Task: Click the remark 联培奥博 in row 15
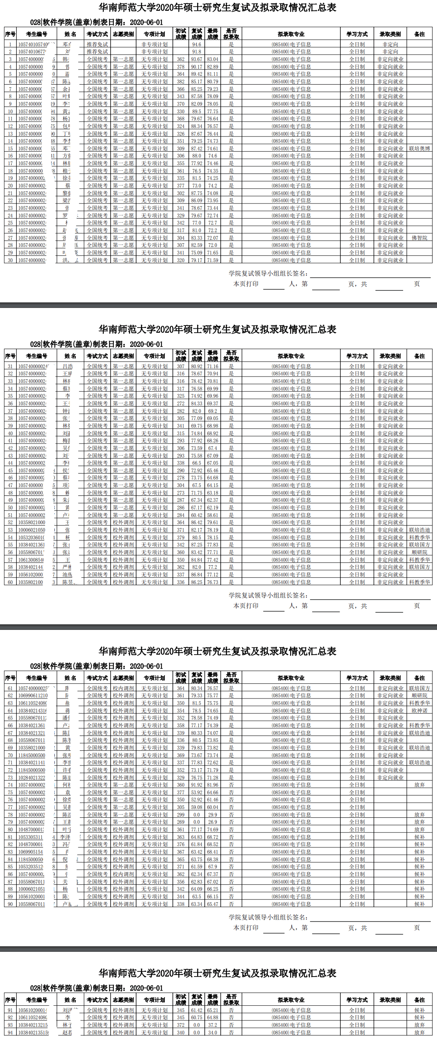coord(419,148)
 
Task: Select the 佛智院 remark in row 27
coord(419,238)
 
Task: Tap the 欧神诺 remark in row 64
coord(419,710)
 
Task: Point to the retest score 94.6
coord(196,44)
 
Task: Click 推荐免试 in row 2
coord(97,52)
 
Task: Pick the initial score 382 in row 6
coord(180,81)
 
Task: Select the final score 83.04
coord(212,59)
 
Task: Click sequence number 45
coord(10,470)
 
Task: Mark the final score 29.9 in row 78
coord(212,814)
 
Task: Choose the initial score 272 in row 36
coord(180,403)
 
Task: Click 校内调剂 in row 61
coord(123,688)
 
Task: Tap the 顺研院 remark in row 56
coord(419,552)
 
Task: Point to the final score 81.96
coord(212,785)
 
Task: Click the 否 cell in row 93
coord(231,1025)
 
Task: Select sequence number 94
coord(10,1032)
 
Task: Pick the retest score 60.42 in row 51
coord(196,515)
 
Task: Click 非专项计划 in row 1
coord(154,44)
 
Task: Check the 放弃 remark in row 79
coord(419,821)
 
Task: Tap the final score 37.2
coord(212,1025)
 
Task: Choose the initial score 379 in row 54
coord(180,537)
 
